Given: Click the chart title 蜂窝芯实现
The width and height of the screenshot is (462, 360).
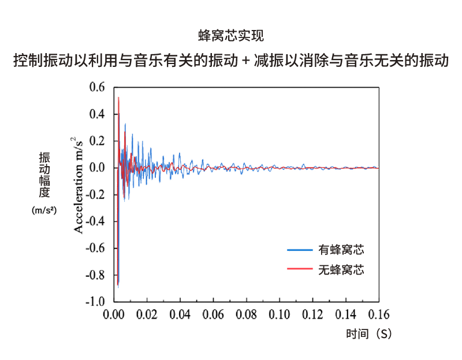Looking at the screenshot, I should pos(231,36).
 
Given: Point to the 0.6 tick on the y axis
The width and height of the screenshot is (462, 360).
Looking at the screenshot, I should pos(97,88).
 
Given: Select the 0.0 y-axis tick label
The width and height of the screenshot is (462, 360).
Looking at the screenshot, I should pos(97,168).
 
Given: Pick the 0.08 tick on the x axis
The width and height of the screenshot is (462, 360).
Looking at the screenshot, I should pos(247,315).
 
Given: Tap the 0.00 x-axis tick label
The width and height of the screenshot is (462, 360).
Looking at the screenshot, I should pos(114,315).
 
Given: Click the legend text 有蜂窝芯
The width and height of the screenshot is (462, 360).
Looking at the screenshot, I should pos(341,250).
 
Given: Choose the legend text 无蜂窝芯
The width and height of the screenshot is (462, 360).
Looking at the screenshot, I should pos(341,269).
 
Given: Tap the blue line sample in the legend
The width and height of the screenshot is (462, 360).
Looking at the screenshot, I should pos(299,250).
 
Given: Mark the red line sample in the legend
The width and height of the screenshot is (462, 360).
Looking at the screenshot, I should pos(299,269).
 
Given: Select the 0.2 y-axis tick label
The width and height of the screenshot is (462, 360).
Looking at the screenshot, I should pos(97,141).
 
